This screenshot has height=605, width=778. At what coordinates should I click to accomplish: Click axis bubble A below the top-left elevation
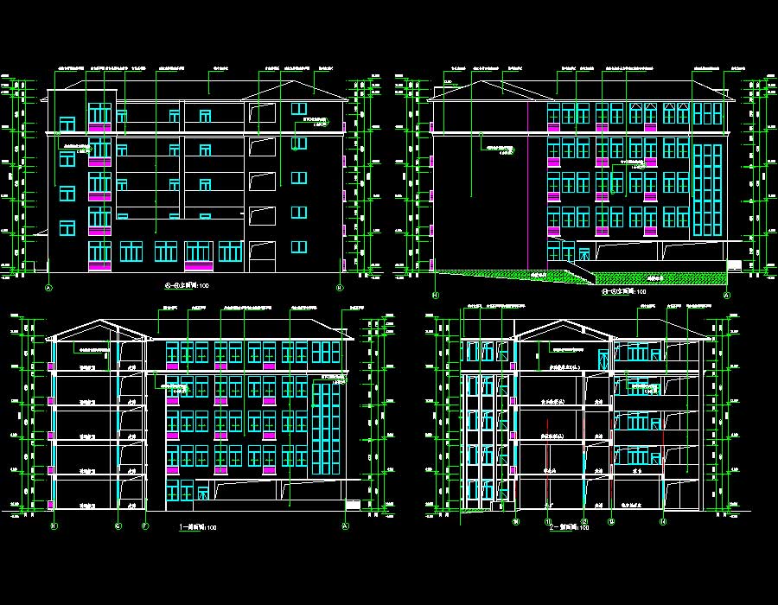coord(49,287)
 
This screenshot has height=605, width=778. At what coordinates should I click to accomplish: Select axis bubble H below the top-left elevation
coord(340,287)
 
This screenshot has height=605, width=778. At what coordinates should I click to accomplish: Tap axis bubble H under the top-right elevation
coord(435,294)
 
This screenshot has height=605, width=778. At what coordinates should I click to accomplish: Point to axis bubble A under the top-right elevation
coord(726,294)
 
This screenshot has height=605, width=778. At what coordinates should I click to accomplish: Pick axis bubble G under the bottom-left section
coord(118,525)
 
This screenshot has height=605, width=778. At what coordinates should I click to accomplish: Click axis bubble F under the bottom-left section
coord(145,525)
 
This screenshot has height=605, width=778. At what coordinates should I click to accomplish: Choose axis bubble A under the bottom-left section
coord(344,525)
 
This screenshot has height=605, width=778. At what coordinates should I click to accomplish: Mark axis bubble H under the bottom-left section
coord(53,525)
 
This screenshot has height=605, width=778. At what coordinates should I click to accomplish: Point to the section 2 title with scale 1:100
coord(569,527)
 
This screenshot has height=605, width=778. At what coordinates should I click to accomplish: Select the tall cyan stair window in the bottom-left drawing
coord(324,428)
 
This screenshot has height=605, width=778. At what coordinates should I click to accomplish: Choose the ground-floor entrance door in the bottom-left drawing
coord(201,493)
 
